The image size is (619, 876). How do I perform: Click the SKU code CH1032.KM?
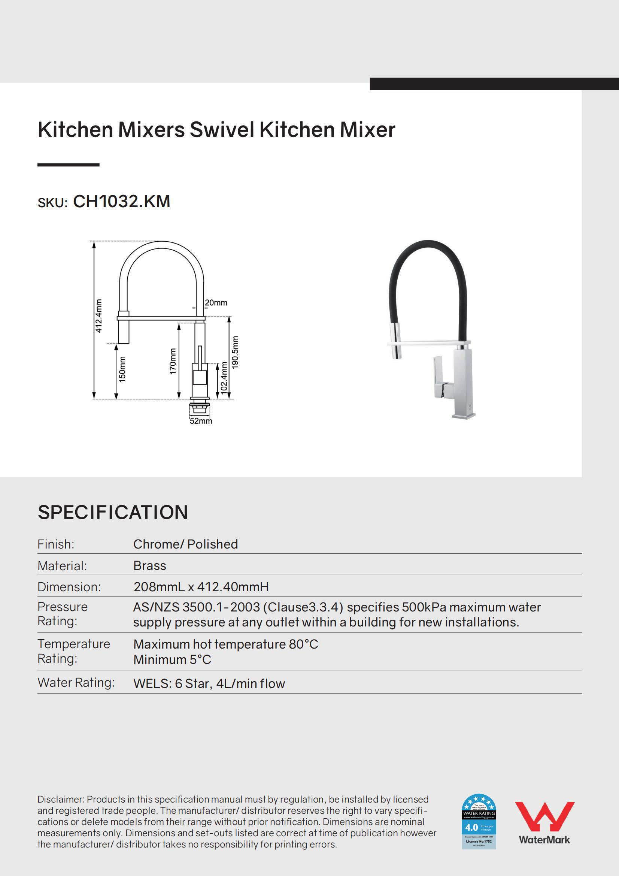(121, 202)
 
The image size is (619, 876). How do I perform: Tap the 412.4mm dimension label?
(99, 316)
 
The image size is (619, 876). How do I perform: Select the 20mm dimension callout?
(216, 303)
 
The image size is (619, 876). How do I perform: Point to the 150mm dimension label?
(122, 369)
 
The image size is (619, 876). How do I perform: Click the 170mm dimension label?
(173, 361)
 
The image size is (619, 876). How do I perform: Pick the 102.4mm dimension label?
(224, 377)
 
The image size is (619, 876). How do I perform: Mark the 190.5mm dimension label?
(235, 352)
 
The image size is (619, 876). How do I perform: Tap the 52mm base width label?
(201, 421)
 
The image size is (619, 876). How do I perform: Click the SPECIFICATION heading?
(113, 512)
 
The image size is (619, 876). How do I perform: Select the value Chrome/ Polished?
(185, 544)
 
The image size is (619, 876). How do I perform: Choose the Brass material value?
(149, 565)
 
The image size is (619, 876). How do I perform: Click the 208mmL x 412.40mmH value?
(201, 587)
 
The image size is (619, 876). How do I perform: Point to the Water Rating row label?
(76, 683)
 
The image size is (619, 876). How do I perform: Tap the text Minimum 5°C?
(172, 660)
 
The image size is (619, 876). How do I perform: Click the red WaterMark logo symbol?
(544, 816)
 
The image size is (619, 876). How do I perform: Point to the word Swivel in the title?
(222, 130)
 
